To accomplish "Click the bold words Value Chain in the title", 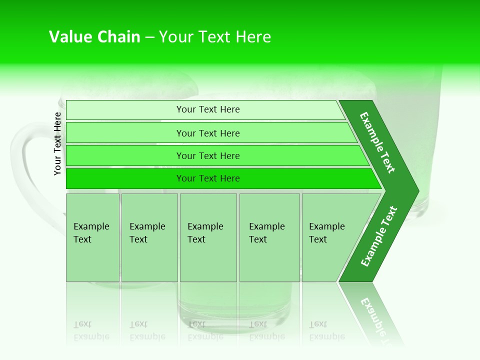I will click(x=94, y=37).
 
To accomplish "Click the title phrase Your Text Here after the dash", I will click(x=215, y=37).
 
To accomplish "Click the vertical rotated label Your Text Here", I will click(x=57, y=143).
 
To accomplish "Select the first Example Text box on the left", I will click(x=92, y=237).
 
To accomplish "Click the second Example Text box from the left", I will click(x=149, y=237).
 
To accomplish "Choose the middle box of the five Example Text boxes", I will click(x=208, y=237).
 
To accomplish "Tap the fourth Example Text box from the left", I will click(x=269, y=237).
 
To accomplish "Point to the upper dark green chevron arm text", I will click(x=377, y=142).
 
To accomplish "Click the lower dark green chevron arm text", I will click(x=378, y=236).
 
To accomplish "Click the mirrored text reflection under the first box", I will click(x=91, y=330).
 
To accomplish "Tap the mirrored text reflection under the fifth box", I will click(x=326, y=330).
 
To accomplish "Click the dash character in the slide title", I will click(x=149, y=37).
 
